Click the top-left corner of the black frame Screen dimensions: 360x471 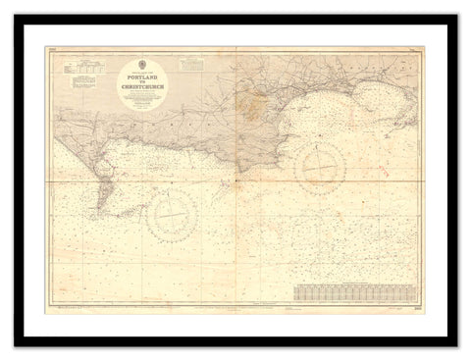click(x=16, y=16)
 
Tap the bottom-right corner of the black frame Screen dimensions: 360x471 click(x=455, y=344)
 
